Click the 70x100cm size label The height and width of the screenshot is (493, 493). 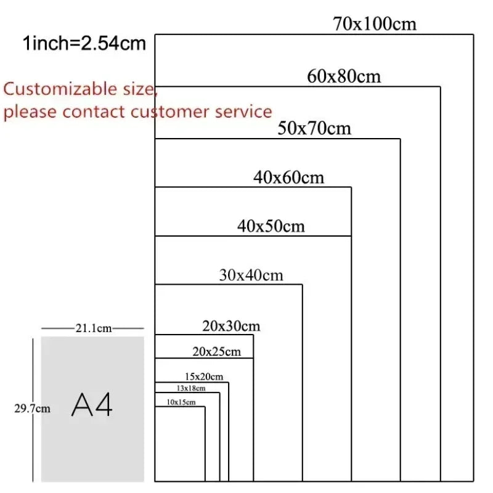[x=375, y=24]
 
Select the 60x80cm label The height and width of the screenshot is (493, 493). [x=344, y=76]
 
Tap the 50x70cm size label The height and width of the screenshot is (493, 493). [x=314, y=128]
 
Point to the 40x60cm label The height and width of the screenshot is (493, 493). [x=288, y=177]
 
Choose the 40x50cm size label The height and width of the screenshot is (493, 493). [x=271, y=226]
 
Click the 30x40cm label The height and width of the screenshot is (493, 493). [x=251, y=275]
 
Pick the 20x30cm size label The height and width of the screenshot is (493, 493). [x=231, y=326]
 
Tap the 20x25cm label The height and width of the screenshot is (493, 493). [x=217, y=351]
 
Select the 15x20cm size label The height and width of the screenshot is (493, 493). [x=204, y=377]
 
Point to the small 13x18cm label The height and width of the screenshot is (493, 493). [x=191, y=388]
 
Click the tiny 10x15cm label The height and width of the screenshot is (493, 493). [x=181, y=402]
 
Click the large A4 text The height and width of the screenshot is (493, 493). [x=92, y=405]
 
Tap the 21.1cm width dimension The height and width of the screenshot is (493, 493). [x=94, y=328]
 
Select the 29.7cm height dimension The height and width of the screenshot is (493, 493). [x=32, y=409]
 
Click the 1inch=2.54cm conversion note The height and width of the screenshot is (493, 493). [x=84, y=43]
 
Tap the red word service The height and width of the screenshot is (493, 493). [x=243, y=112]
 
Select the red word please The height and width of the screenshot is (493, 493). [x=30, y=113]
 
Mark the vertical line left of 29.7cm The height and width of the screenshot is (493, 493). [x=33, y=410]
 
